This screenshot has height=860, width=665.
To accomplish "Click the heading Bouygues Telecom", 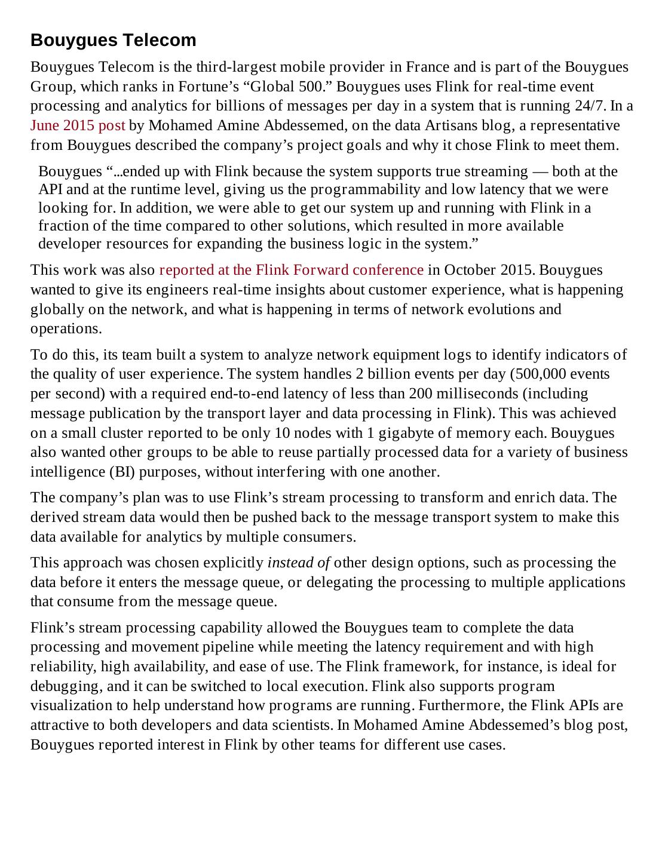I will (114, 40).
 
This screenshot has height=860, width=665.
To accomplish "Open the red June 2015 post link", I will (78, 125).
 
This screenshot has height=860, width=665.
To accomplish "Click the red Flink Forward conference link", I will (291, 270).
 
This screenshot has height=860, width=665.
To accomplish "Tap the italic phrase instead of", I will (299, 563).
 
